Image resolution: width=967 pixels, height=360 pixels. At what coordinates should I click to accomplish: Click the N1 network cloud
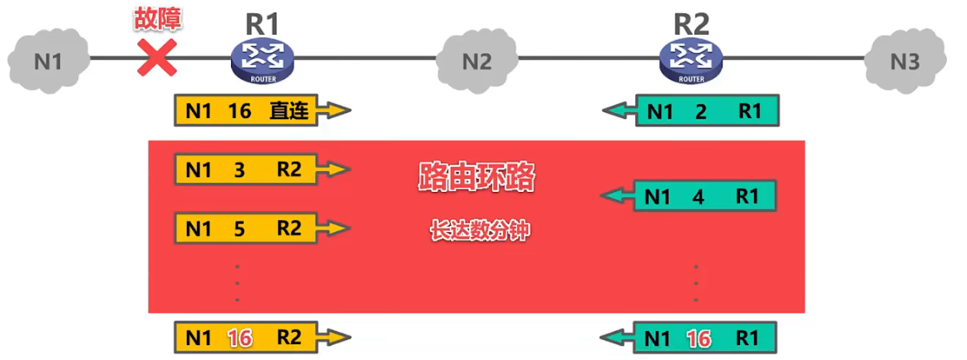tap(47, 60)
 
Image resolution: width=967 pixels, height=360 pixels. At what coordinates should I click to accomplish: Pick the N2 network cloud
tap(477, 61)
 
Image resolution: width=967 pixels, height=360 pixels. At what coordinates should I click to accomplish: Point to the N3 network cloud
tap(905, 61)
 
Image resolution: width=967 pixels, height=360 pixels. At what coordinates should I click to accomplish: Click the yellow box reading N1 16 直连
tap(247, 111)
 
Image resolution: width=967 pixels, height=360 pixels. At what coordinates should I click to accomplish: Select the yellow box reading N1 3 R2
tap(247, 170)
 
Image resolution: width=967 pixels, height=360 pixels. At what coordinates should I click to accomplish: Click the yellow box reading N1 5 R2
tap(247, 227)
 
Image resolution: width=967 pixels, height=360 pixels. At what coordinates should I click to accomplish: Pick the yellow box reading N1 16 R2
tap(247, 337)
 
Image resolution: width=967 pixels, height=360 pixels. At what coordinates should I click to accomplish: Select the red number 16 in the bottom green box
tap(700, 337)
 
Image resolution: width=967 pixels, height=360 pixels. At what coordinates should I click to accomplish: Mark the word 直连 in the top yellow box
tap(290, 111)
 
